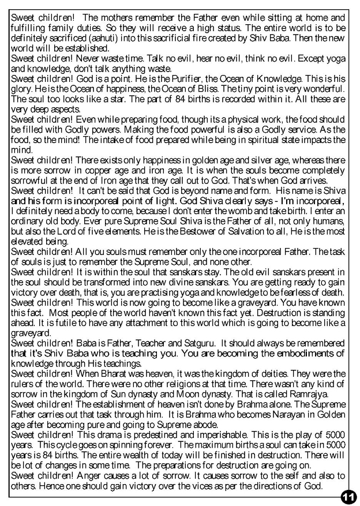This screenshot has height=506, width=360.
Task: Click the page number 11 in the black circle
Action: (348, 496)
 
